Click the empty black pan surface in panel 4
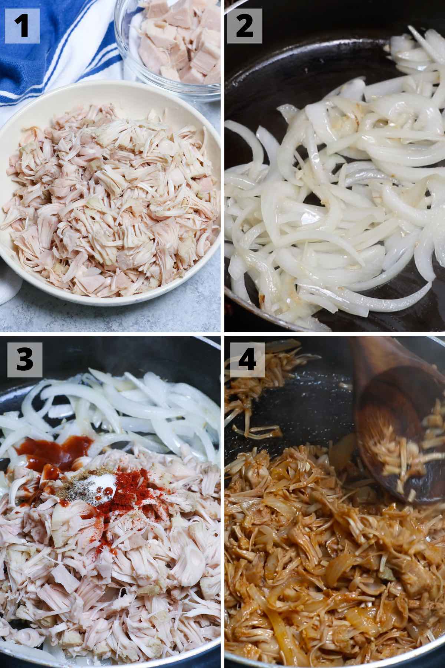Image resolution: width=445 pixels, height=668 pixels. point(297,393)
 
